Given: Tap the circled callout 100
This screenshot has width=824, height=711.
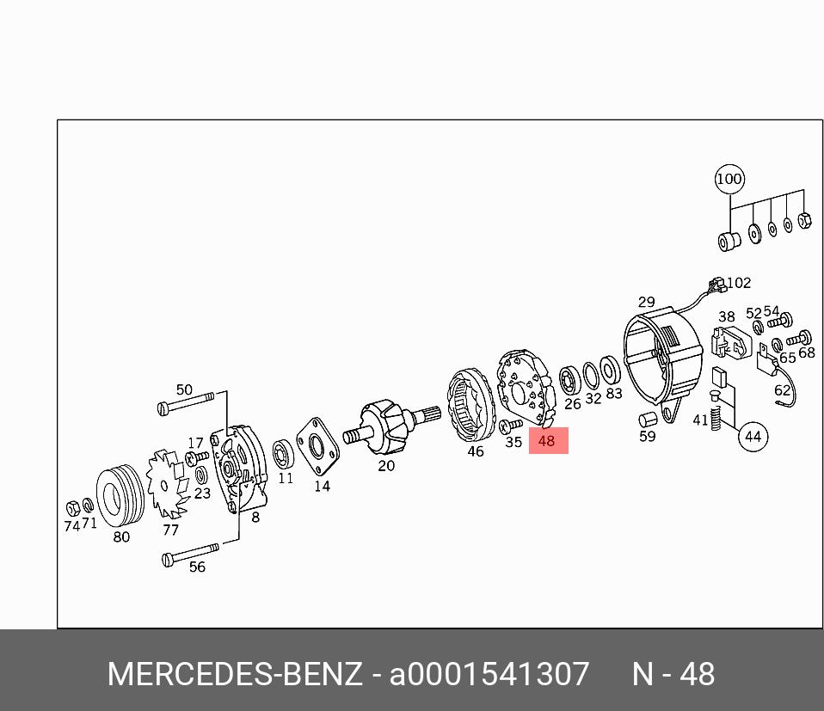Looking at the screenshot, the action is [x=729, y=179].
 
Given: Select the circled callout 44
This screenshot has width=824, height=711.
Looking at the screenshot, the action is [x=753, y=437].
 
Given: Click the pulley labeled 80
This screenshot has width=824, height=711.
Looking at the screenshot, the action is [x=120, y=495].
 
